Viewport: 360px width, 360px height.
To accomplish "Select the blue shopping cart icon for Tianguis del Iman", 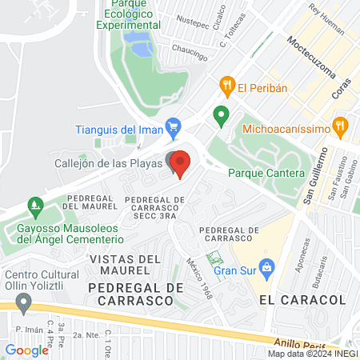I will pyautogui.click(x=171, y=126).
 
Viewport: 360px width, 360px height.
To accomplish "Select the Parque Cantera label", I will pyautogui.click(x=266, y=173).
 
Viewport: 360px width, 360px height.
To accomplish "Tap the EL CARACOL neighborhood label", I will pyautogui.click(x=302, y=299).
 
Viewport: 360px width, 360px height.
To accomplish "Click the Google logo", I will pyautogui.click(x=26, y=350).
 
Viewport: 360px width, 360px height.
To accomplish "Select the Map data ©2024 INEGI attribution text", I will pyautogui.click(x=312, y=354).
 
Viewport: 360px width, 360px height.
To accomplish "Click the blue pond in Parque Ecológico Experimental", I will pyautogui.click(x=142, y=49).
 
